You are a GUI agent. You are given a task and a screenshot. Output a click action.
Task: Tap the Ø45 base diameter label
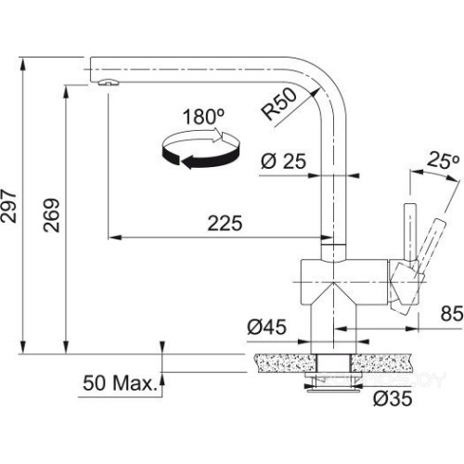(x=264, y=327)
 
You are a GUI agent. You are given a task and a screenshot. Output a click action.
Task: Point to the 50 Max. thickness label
(x=120, y=382)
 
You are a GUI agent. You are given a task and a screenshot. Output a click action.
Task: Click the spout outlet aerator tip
(x=104, y=84)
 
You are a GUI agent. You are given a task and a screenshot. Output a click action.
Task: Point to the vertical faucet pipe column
(x=332, y=176)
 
